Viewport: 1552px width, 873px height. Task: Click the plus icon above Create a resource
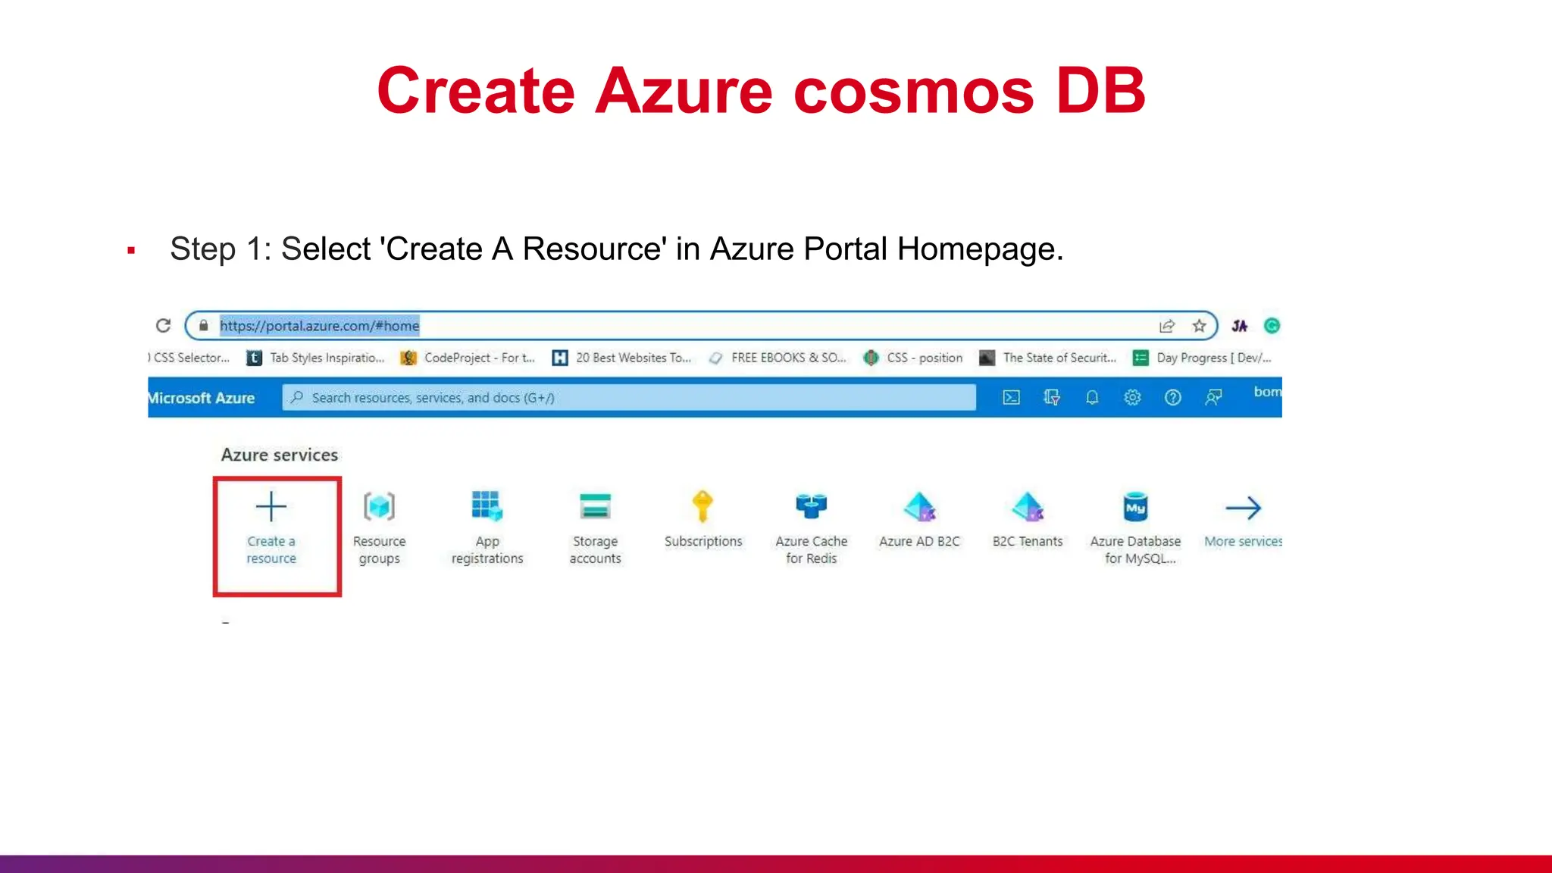tap(271, 506)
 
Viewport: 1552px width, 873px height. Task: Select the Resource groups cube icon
tap(379, 506)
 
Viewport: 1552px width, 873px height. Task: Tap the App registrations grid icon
tap(487, 506)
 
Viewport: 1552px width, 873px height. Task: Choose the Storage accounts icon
tap(595, 506)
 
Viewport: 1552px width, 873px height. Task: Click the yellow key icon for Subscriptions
tap(702, 506)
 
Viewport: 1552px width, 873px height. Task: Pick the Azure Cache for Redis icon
tap(811, 506)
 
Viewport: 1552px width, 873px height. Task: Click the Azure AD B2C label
tap(919, 541)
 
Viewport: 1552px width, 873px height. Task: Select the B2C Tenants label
tap(1028, 541)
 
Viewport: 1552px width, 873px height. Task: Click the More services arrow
tap(1243, 508)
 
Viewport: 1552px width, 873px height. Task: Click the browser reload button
tap(163, 326)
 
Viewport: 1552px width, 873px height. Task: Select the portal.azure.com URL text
tap(319, 326)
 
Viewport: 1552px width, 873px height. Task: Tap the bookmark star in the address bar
tap(1199, 326)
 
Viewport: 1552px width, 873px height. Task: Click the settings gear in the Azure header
tap(1132, 397)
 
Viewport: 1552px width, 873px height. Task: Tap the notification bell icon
tap(1092, 397)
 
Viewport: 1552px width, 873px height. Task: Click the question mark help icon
tap(1172, 397)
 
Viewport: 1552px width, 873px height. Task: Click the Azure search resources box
tap(629, 397)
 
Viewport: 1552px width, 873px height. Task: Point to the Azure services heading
tap(280, 455)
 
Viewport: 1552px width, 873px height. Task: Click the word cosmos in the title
tap(913, 91)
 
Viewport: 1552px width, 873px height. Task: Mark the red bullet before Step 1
tap(131, 250)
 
